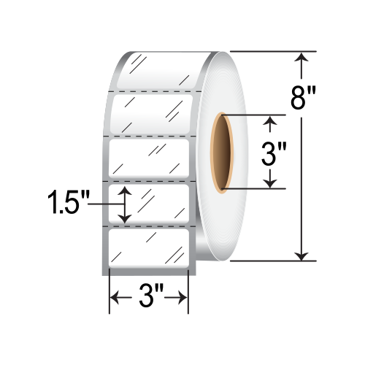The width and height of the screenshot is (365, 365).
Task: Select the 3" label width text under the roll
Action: (149, 299)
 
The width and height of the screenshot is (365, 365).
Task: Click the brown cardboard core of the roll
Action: (220, 151)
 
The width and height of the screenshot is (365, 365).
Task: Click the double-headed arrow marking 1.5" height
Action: (126, 204)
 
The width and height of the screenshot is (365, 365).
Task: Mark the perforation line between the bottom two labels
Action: (150, 226)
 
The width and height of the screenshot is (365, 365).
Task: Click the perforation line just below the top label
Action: (150, 91)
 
